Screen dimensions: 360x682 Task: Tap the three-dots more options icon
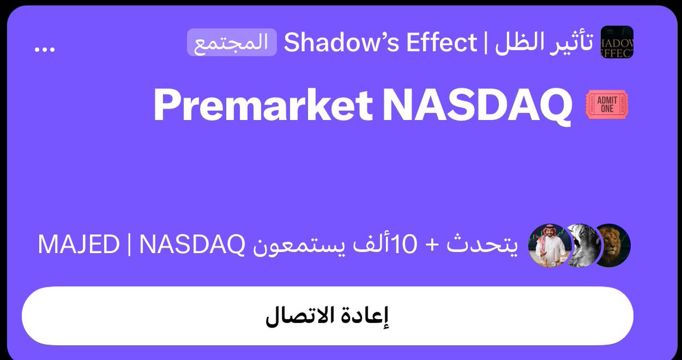[44, 49]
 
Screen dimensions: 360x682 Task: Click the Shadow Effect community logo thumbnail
[617, 42]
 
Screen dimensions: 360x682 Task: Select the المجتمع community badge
[231, 43]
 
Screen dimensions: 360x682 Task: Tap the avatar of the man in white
[549, 246]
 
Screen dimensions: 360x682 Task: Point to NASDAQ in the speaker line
[191, 246]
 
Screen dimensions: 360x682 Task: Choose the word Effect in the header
[439, 43]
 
